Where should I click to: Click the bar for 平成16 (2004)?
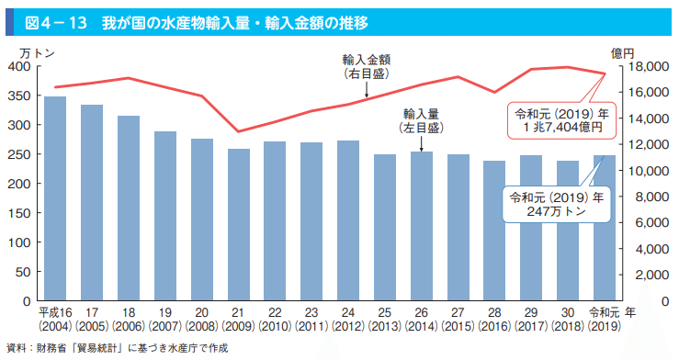click(55, 198)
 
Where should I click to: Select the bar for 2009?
click(239, 224)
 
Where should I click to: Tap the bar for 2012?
click(348, 220)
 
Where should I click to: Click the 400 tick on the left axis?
click(19, 67)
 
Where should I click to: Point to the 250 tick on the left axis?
click(19, 154)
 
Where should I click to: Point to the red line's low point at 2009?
click(239, 131)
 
